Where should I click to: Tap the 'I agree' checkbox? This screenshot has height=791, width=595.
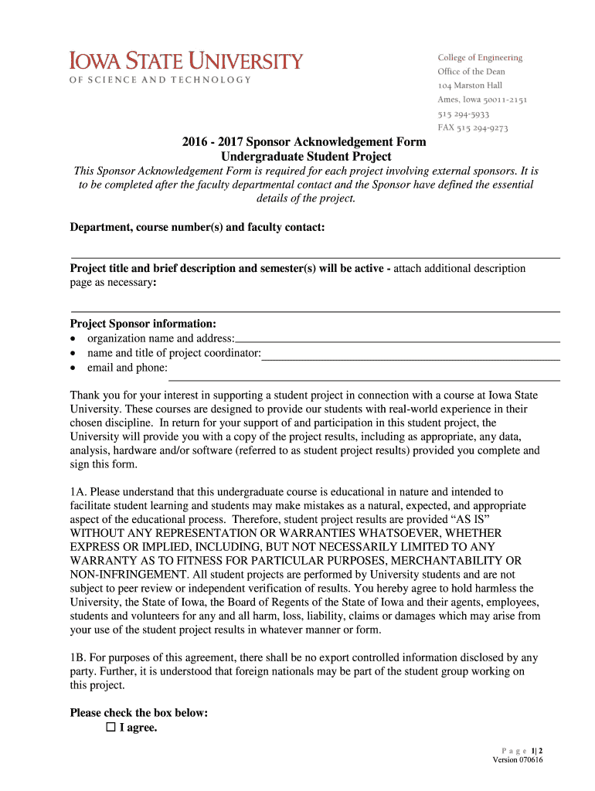tap(110, 728)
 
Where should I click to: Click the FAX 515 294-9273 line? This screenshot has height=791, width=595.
tap(472, 128)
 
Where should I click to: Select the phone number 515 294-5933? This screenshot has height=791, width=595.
tap(463, 114)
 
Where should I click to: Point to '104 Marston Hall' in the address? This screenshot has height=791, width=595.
tap(470, 86)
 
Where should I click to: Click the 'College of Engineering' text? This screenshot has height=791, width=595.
tap(480, 58)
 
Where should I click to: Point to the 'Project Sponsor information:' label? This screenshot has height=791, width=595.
tap(143, 324)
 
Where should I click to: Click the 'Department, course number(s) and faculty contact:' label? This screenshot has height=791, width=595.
tap(197, 227)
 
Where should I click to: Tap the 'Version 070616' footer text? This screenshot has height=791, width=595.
tap(518, 760)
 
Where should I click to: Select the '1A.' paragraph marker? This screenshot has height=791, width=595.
tap(80, 492)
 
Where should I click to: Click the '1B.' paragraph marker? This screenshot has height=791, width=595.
tap(80, 658)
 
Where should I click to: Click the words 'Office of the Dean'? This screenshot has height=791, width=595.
tap(471, 72)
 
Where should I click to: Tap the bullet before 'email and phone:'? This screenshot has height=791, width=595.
tap(73, 368)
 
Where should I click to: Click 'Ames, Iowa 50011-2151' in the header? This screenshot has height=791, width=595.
tap(482, 100)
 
